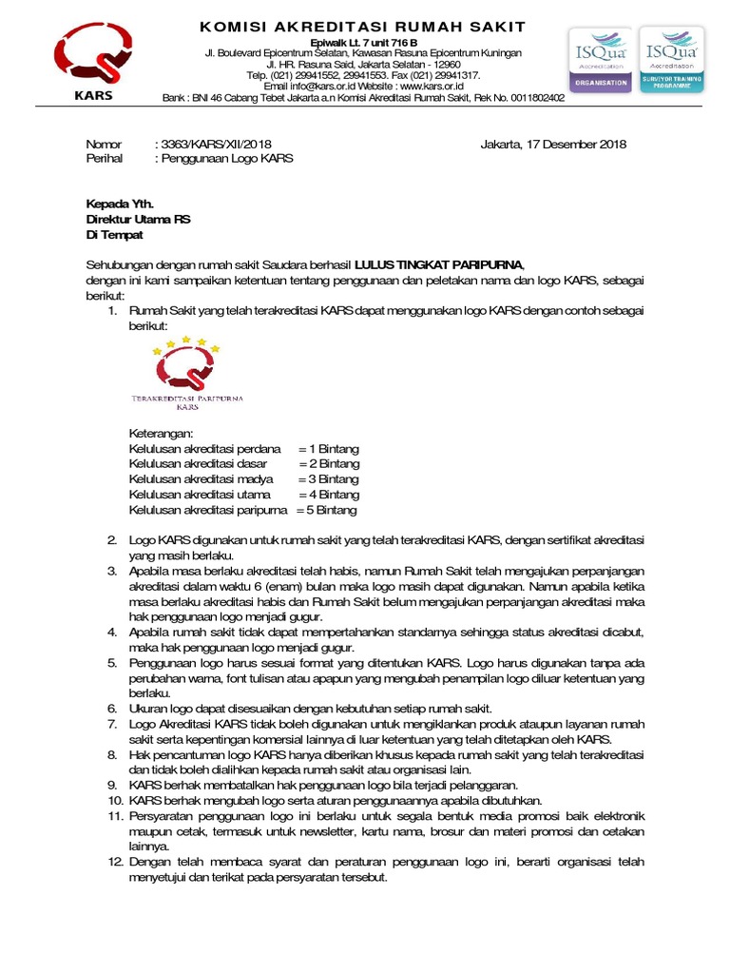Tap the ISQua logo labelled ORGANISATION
click(599, 60)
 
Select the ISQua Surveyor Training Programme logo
click(671, 60)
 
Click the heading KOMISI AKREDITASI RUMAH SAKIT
click(361, 26)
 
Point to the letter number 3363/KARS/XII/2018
click(205, 145)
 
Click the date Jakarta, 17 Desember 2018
click(553, 145)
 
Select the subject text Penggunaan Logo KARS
click(226, 159)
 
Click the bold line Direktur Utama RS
click(138, 219)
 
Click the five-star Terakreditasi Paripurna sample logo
click(186, 374)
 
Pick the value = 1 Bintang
click(328, 448)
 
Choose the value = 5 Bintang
click(325, 510)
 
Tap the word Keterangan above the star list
click(161, 433)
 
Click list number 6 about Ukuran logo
click(111, 709)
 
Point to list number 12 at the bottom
click(114, 862)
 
